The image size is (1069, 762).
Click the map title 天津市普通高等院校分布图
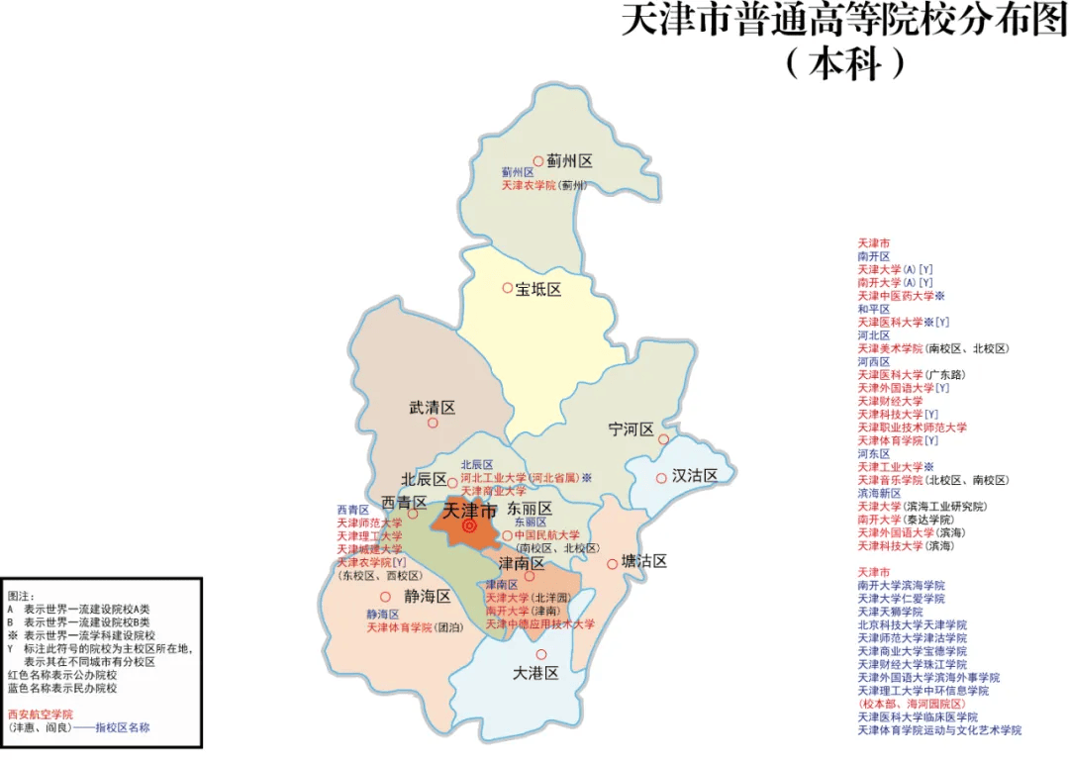point(843,21)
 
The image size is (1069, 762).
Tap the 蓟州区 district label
point(569,160)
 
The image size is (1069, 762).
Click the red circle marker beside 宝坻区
point(508,288)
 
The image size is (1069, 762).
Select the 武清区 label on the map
point(433,407)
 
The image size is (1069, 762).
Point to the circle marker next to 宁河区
point(663,439)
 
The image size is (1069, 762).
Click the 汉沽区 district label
point(694,476)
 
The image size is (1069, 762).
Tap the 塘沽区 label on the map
point(643,561)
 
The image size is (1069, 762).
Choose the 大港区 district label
point(536,673)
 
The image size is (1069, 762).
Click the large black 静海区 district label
point(428,597)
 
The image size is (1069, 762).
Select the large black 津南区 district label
point(522,562)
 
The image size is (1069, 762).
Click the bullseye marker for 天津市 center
point(469,527)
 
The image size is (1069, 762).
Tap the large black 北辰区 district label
point(424,480)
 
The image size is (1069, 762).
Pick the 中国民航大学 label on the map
point(547,535)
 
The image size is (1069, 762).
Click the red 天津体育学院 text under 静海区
point(400,627)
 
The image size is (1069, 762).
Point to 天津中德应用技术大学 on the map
point(539,624)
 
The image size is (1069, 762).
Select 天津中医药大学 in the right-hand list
point(895,296)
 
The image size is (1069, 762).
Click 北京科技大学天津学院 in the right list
point(912,625)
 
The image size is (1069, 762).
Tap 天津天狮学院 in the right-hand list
point(891,613)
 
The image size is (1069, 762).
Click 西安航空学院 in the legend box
point(41,714)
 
